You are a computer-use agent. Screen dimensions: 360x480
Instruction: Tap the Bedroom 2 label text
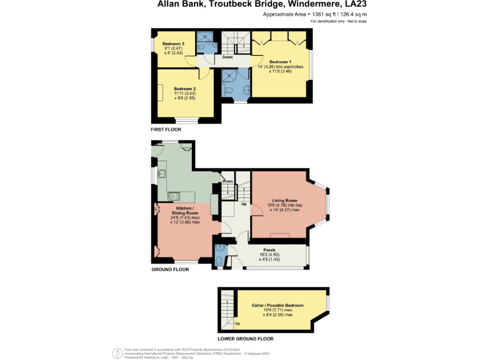click(186, 89)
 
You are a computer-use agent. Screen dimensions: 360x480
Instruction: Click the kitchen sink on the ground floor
click(161, 171)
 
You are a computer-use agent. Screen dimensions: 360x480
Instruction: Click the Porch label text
click(268, 249)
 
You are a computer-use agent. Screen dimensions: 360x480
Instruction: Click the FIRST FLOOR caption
click(166, 129)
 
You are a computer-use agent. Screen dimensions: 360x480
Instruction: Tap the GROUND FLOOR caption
click(170, 269)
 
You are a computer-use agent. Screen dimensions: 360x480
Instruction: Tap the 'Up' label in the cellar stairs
click(237, 323)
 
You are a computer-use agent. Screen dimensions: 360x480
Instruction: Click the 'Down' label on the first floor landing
click(228, 57)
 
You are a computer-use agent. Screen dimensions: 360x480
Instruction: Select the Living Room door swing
click(257, 209)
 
